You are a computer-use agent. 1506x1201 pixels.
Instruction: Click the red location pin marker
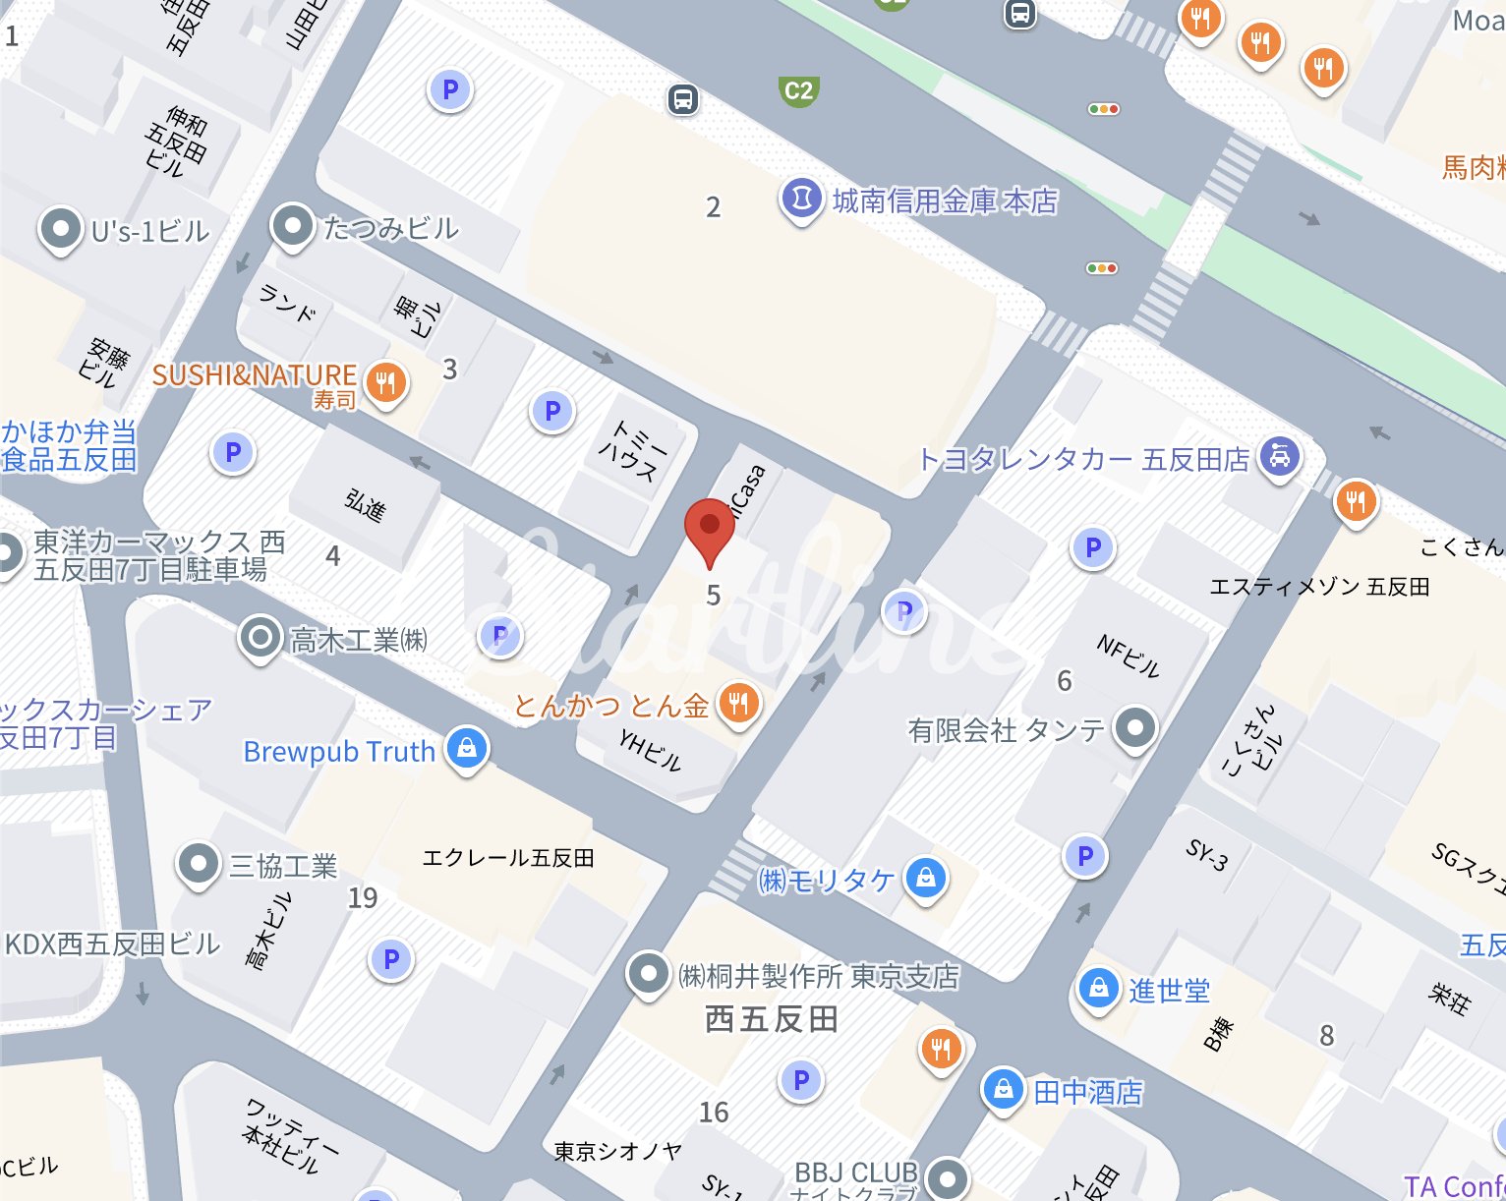click(709, 528)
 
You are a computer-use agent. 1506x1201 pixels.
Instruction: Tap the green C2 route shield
click(798, 91)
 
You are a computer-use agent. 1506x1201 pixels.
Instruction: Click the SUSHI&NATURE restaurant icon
click(385, 382)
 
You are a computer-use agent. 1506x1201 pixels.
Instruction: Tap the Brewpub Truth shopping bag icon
click(467, 748)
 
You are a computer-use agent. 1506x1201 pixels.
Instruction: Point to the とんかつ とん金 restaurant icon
click(739, 704)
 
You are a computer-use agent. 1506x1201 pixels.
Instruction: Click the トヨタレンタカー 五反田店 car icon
click(1279, 456)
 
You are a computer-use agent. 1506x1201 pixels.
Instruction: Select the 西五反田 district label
click(771, 1019)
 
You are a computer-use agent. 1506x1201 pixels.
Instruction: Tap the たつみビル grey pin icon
click(292, 226)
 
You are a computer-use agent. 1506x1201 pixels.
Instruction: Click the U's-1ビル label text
click(150, 231)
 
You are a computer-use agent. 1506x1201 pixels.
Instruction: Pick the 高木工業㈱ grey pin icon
click(261, 638)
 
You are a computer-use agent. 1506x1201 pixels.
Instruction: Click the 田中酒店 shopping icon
click(1003, 1089)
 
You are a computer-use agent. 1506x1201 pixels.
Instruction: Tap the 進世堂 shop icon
click(1098, 988)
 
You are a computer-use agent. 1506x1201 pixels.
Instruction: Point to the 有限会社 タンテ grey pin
click(1135, 728)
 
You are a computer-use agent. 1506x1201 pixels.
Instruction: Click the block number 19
click(363, 897)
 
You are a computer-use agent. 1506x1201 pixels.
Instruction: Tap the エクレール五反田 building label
click(507, 858)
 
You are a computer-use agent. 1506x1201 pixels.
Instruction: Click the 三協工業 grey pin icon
click(198, 864)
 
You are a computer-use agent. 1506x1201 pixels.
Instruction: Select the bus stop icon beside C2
click(683, 99)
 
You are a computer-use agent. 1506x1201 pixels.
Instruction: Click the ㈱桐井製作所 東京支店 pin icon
click(648, 974)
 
